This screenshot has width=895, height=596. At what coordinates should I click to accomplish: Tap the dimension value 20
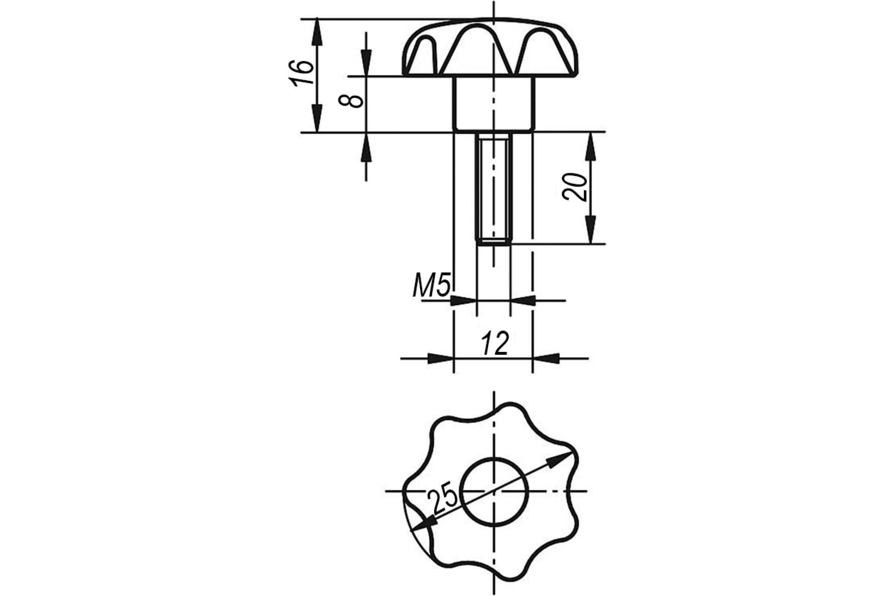click(x=575, y=187)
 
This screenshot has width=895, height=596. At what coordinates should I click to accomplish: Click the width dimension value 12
click(x=495, y=343)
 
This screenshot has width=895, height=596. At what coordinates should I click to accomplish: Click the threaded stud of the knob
click(x=494, y=188)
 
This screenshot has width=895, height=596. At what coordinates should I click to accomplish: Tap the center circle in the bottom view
click(x=494, y=491)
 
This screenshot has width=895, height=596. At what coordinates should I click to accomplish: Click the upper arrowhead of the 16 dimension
click(x=317, y=32)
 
